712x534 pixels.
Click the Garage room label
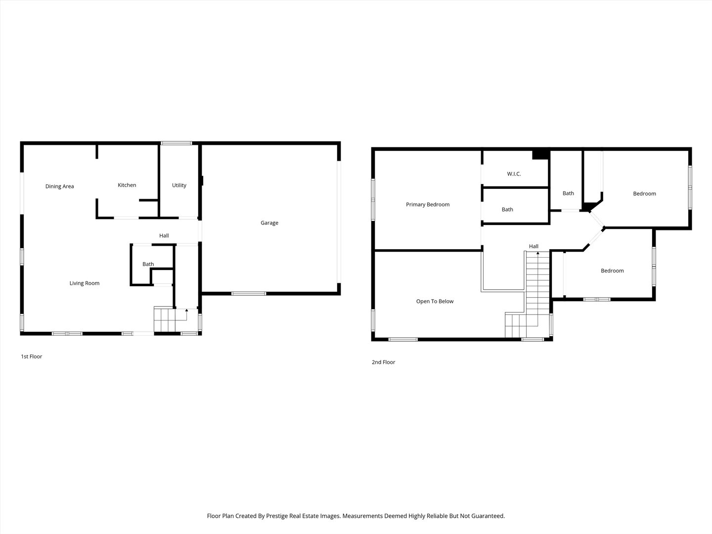pyautogui.click(x=269, y=222)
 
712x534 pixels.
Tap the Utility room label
pyautogui.click(x=179, y=185)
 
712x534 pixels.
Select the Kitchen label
pyautogui.click(x=127, y=185)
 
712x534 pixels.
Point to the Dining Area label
pyautogui.click(x=60, y=186)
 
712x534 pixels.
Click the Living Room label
pyautogui.click(x=85, y=283)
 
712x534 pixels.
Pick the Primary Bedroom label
pyautogui.click(x=428, y=204)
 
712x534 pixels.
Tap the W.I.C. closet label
pyautogui.click(x=514, y=174)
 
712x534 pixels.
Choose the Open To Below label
pyautogui.click(x=435, y=301)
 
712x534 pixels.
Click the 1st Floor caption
pyautogui.click(x=32, y=356)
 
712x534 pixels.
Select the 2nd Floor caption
pyautogui.click(x=383, y=362)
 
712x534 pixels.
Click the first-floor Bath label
pyautogui.click(x=148, y=264)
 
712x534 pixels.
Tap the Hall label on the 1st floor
pyautogui.click(x=164, y=235)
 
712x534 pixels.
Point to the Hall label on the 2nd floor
pyautogui.click(x=534, y=246)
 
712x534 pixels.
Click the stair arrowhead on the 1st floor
pyautogui.click(x=186, y=311)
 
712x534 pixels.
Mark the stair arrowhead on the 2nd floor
pyautogui.click(x=538, y=253)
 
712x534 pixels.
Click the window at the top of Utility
pyautogui.click(x=177, y=143)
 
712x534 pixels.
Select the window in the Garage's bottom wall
pyautogui.click(x=249, y=293)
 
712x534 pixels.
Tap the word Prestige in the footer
pyautogui.click(x=277, y=516)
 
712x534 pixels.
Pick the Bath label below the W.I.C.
pyautogui.click(x=507, y=210)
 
